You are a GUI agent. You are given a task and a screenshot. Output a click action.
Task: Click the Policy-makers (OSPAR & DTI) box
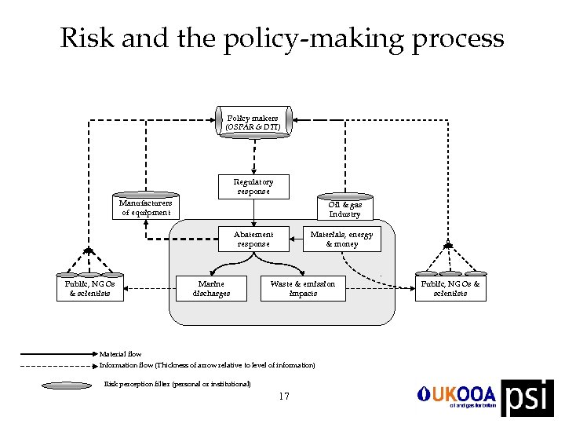[x=253, y=122]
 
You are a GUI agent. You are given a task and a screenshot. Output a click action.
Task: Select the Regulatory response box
[x=253, y=187]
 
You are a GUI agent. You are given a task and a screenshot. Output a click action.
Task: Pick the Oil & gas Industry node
[x=344, y=209]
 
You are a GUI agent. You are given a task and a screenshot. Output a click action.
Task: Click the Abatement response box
[x=253, y=239]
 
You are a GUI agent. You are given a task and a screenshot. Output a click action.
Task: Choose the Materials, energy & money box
[x=341, y=239]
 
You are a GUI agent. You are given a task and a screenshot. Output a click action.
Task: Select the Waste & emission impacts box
[x=303, y=289]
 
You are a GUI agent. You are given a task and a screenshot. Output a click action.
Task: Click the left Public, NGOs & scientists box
[x=89, y=289]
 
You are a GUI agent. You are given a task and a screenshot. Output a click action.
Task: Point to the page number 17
[x=284, y=397]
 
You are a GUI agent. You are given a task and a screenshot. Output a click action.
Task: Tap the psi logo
[x=527, y=397]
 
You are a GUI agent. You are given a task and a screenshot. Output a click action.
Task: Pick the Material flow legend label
[x=120, y=354]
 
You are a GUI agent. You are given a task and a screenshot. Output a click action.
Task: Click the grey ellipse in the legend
[x=67, y=385]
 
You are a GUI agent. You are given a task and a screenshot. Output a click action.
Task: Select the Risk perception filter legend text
[x=177, y=384]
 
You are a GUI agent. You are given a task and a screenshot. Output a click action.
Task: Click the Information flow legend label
[x=207, y=365]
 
